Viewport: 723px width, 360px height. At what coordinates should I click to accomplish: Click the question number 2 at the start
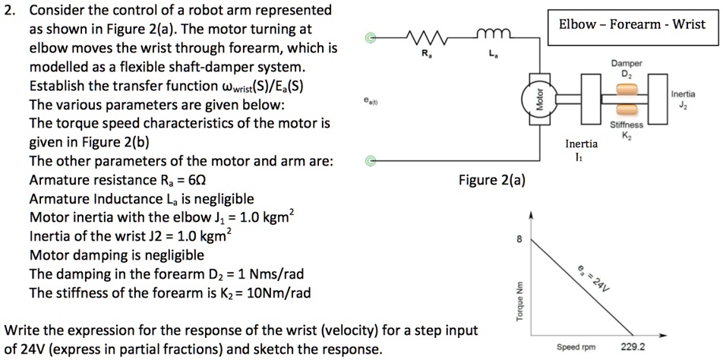coord(11,11)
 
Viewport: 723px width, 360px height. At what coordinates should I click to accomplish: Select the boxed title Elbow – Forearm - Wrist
coord(632,24)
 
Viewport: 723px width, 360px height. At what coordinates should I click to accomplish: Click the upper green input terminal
coord(370,37)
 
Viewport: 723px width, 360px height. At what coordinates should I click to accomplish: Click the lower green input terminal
coord(370,161)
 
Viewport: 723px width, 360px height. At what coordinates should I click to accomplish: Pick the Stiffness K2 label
coord(627,130)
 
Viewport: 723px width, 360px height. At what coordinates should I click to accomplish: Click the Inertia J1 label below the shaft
coord(581,150)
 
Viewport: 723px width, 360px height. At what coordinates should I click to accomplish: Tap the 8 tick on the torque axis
coord(519,240)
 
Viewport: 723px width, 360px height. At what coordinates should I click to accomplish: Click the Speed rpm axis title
coord(577,347)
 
